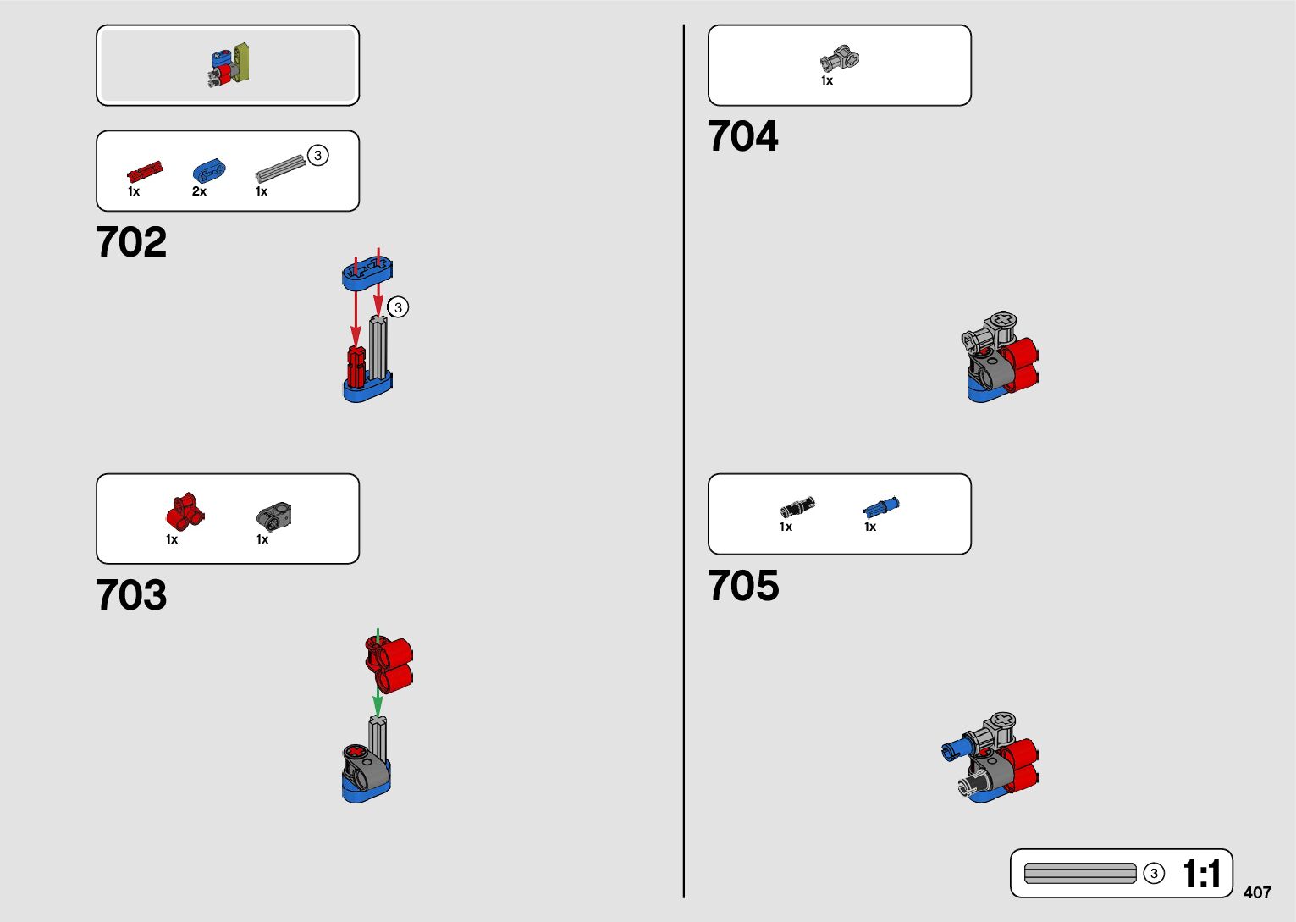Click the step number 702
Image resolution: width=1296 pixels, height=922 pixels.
coord(131,243)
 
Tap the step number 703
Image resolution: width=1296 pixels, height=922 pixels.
coord(131,595)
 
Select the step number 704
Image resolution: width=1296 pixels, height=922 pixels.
coord(742,136)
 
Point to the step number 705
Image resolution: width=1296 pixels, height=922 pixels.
coord(742,586)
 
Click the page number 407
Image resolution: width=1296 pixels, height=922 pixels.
coord(1257,892)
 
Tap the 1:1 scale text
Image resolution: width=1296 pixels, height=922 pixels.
coord(1201,875)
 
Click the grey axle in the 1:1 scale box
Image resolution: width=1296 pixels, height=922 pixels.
coord(1080,874)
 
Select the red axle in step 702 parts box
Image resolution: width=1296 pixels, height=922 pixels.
coord(145,172)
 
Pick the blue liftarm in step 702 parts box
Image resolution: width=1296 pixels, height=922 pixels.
coord(209,169)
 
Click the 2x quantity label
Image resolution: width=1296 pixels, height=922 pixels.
coord(199,191)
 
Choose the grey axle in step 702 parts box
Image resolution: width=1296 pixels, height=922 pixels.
coord(280,168)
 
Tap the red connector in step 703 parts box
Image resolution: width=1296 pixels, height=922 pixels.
coord(185,511)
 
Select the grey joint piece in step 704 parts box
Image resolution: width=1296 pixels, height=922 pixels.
coord(839,59)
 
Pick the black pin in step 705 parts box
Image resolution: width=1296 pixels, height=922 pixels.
coord(797,507)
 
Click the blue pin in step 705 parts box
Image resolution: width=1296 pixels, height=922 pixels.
coord(881,506)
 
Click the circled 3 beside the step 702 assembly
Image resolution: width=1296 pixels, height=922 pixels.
coord(398,307)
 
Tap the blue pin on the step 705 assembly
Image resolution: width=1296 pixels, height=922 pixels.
coord(957,748)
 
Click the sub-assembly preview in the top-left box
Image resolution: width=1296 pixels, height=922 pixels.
coord(229,65)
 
